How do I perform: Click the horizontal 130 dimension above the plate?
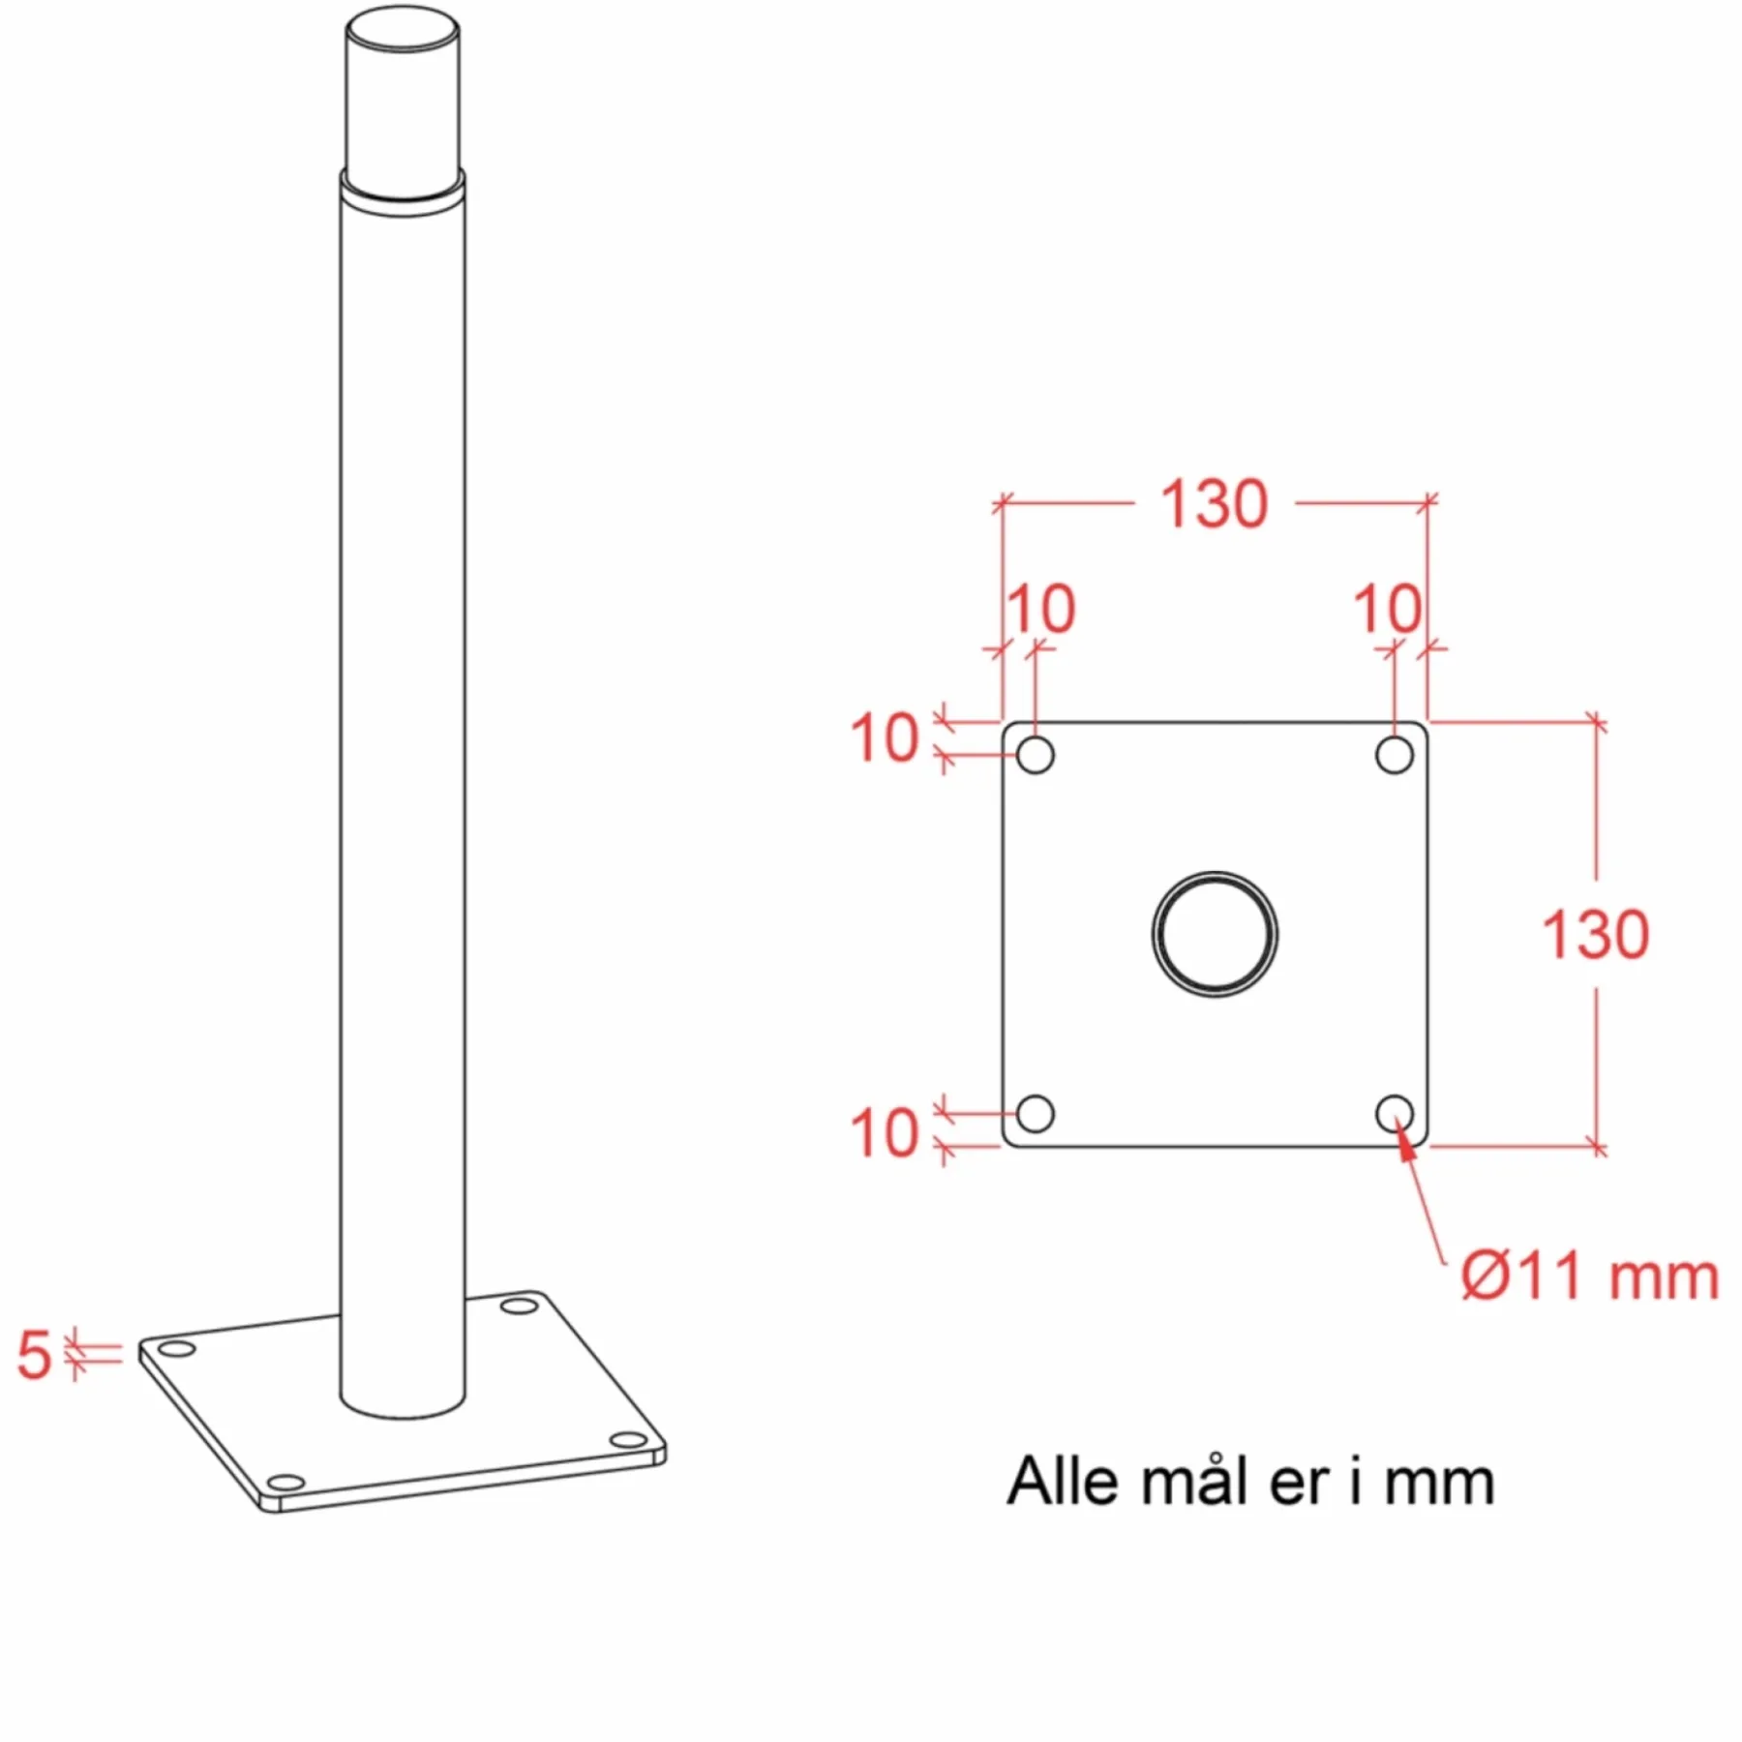(x=1214, y=504)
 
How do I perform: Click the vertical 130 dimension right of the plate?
(x=1595, y=935)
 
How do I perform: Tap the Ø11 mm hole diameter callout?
(x=1590, y=1276)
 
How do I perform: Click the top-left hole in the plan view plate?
(x=1036, y=756)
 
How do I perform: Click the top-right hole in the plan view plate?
(x=1394, y=756)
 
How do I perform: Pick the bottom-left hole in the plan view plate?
(x=1036, y=1114)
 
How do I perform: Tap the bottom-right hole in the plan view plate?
(x=1394, y=1114)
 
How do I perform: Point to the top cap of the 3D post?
(x=403, y=29)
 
